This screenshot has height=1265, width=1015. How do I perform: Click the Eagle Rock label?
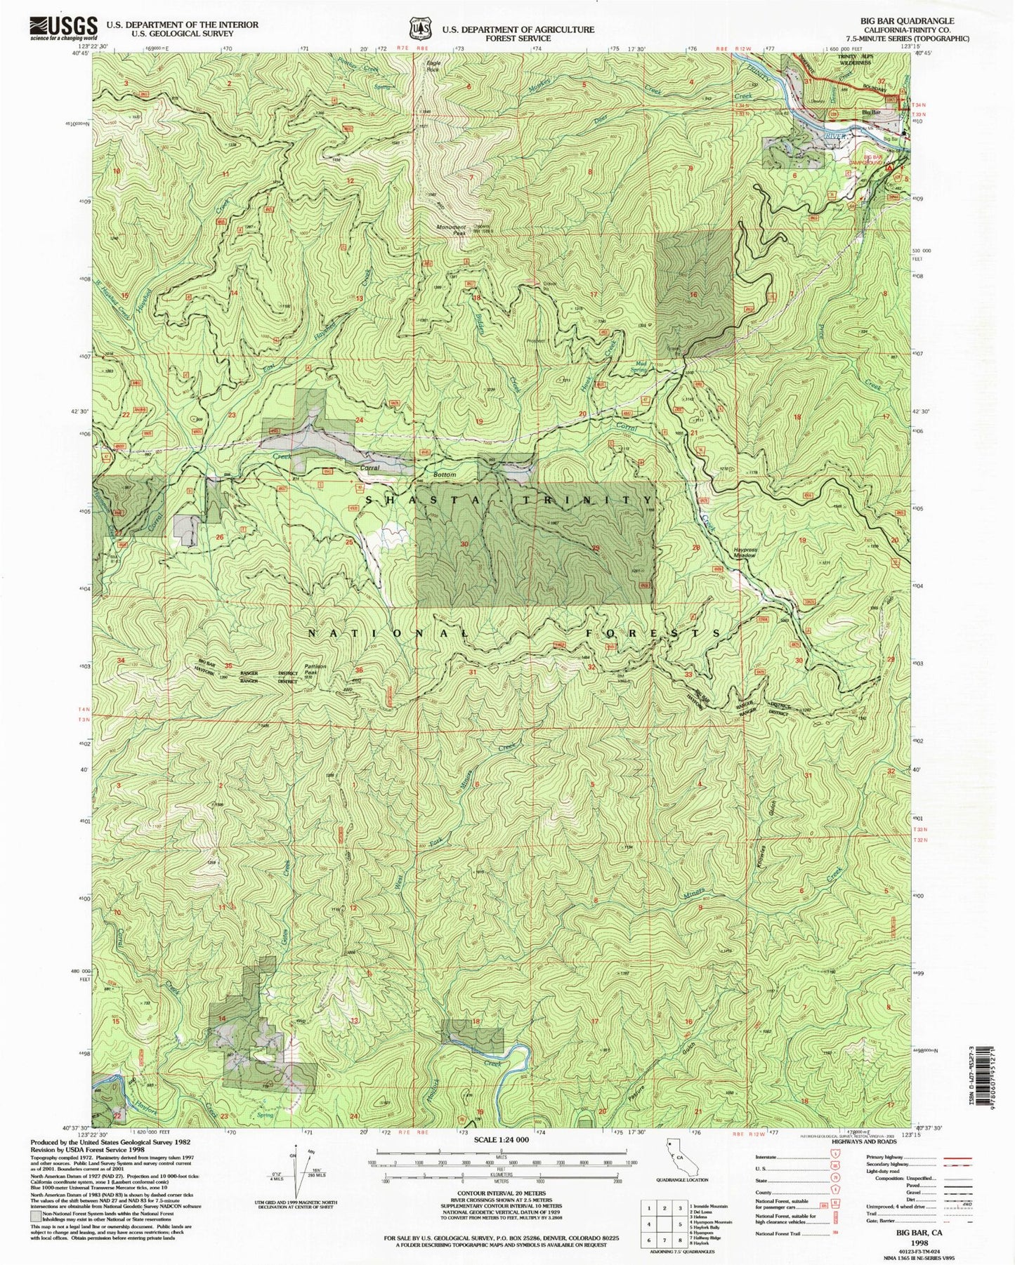click(433, 66)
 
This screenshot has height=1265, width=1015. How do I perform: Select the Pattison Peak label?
click(313, 669)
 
